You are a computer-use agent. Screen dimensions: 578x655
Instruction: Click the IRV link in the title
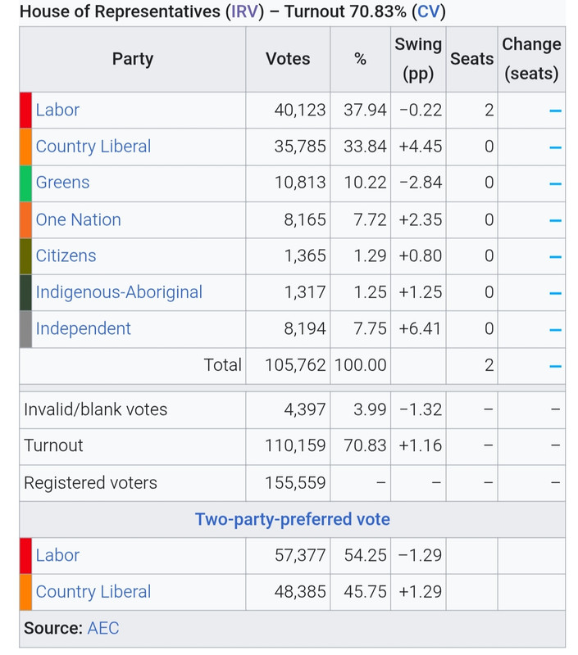tap(244, 11)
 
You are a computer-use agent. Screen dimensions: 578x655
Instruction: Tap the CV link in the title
tap(429, 11)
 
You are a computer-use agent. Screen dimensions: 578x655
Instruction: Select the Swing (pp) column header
tap(418, 59)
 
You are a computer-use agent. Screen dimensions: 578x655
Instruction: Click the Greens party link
tap(63, 183)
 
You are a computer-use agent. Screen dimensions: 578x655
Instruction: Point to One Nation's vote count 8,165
tap(305, 219)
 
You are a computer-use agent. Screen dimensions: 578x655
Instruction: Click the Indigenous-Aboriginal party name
tap(119, 292)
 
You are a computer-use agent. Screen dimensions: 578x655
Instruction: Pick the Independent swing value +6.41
tap(420, 329)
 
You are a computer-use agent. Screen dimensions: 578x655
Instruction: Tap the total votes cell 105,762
tap(295, 365)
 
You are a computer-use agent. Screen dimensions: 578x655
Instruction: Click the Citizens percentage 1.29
tap(370, 255)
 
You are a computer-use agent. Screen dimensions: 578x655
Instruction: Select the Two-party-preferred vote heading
tap(293, 519)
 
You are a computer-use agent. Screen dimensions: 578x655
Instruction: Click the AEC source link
tap(103, 628)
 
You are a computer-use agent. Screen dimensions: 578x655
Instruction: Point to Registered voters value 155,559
tap(295, 483)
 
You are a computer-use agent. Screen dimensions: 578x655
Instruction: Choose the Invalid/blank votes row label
tap(95, 409)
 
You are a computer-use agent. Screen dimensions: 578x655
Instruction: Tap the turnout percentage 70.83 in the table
tap(365, 445)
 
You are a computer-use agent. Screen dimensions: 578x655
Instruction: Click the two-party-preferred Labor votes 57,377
tap(300, 556)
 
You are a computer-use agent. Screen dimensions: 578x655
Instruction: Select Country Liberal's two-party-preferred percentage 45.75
tap(365, 592)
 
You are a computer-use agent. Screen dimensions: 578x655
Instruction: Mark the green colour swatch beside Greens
tap(25, 183)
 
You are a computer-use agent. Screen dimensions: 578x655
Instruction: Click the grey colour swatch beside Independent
tap(25, 329)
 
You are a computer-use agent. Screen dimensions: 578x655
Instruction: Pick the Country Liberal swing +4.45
tap(420, 147)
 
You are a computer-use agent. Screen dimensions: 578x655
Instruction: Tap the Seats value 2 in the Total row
tap(489, 365)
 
